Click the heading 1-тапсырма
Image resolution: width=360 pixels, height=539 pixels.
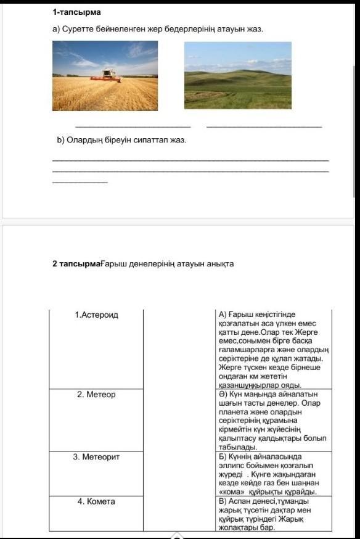tap(76, 12)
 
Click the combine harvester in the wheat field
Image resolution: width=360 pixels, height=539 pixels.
tap(106, 76)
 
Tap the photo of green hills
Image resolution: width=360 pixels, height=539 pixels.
tap(238, 75)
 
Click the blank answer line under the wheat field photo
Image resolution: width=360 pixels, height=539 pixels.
tap(133, 127)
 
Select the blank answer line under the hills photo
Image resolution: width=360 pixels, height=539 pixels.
tap(264, 127)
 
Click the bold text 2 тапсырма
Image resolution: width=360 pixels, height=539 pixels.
tap(76, 264)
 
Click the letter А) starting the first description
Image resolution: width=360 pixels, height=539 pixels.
tap(223, 315)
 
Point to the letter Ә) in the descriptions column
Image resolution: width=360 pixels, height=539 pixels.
tap(223, 394)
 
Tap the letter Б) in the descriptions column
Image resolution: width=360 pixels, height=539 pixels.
tap(223, 457)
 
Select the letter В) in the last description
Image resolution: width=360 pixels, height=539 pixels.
tap(223, 501)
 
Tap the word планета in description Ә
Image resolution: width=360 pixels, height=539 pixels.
tap(232, 412)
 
